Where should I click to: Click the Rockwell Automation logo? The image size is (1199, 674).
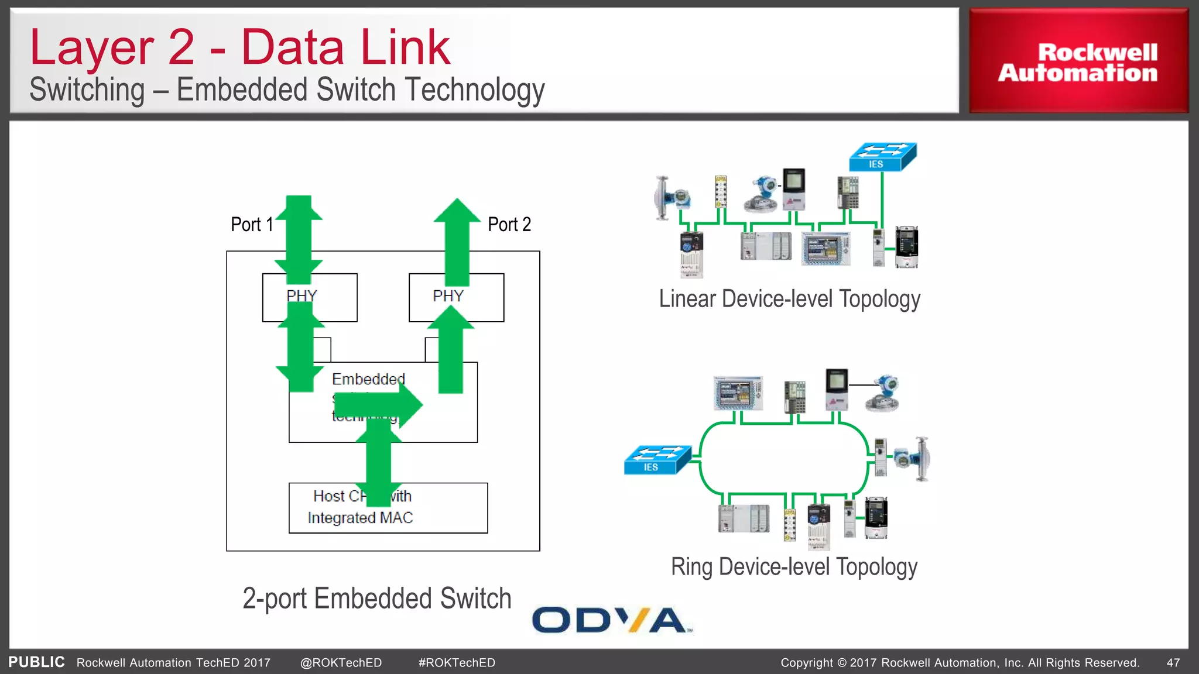(x=1078, y=62)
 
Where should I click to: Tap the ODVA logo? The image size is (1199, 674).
(x=611, y=620)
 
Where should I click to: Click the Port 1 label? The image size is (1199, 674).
(x=252, y=225)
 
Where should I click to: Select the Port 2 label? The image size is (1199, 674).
(x=509, y=225)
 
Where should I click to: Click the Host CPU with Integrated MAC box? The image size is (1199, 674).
(x=388, y=508)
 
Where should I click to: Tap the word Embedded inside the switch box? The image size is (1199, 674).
(x=368, y=379)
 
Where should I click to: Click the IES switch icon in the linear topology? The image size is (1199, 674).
(x=882, y=157)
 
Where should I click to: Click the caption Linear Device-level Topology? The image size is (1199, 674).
(x=789, y=299)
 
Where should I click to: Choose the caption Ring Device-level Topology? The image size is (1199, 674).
(x=794, y=567)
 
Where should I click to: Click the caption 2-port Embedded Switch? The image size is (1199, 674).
(x=377, y=599)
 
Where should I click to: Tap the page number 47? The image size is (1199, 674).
(x=1173, y=663)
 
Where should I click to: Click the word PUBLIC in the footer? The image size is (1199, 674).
(x=36, y=662)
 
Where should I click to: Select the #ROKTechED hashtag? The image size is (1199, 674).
(x=457, y=663)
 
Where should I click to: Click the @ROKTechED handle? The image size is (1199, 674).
(x=341, y=663)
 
